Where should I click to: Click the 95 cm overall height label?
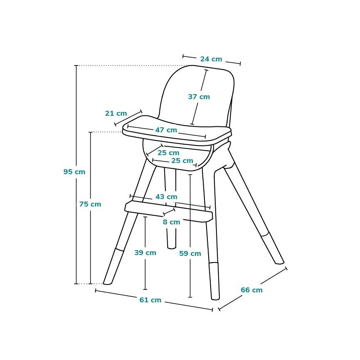pos(74,172)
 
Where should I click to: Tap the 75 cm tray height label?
pos(90,204)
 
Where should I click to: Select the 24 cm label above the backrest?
pos(211,59)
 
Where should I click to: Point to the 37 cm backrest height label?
pos(199,97)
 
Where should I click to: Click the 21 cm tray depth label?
pos(116,113)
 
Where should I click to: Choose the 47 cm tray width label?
pos(166,130)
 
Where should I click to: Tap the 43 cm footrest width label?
pos(166,197)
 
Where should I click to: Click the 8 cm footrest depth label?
pos(171,222)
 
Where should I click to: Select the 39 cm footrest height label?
pos(145,253)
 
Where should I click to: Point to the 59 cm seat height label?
pos(190,253)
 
